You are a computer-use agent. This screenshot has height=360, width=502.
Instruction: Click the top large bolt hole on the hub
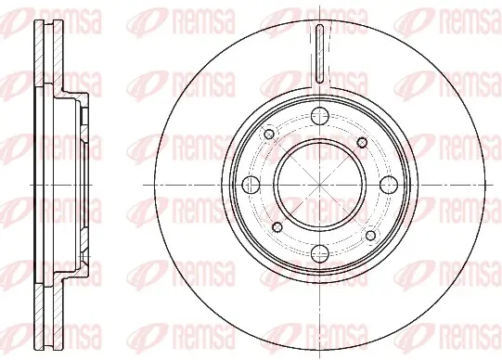tap(320, 117)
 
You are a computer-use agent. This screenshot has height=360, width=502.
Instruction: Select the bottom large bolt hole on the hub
tap(320, 253)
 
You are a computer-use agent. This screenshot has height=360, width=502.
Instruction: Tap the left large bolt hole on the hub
tap(251, 185)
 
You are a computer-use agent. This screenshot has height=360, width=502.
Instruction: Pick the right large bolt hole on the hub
tap(389, 185)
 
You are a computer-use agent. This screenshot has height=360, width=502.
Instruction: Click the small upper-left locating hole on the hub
tap(269, 135)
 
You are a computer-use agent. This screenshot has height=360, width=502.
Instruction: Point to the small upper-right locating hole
tap(362, 143)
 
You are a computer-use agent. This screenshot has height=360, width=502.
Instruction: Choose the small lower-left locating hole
tap(277, 227)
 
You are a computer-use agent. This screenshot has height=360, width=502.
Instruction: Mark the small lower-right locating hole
tap(371, 236)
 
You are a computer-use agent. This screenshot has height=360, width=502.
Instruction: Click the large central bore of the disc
tap(320, 185)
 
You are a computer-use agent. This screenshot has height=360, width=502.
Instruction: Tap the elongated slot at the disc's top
tap(320, 55)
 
